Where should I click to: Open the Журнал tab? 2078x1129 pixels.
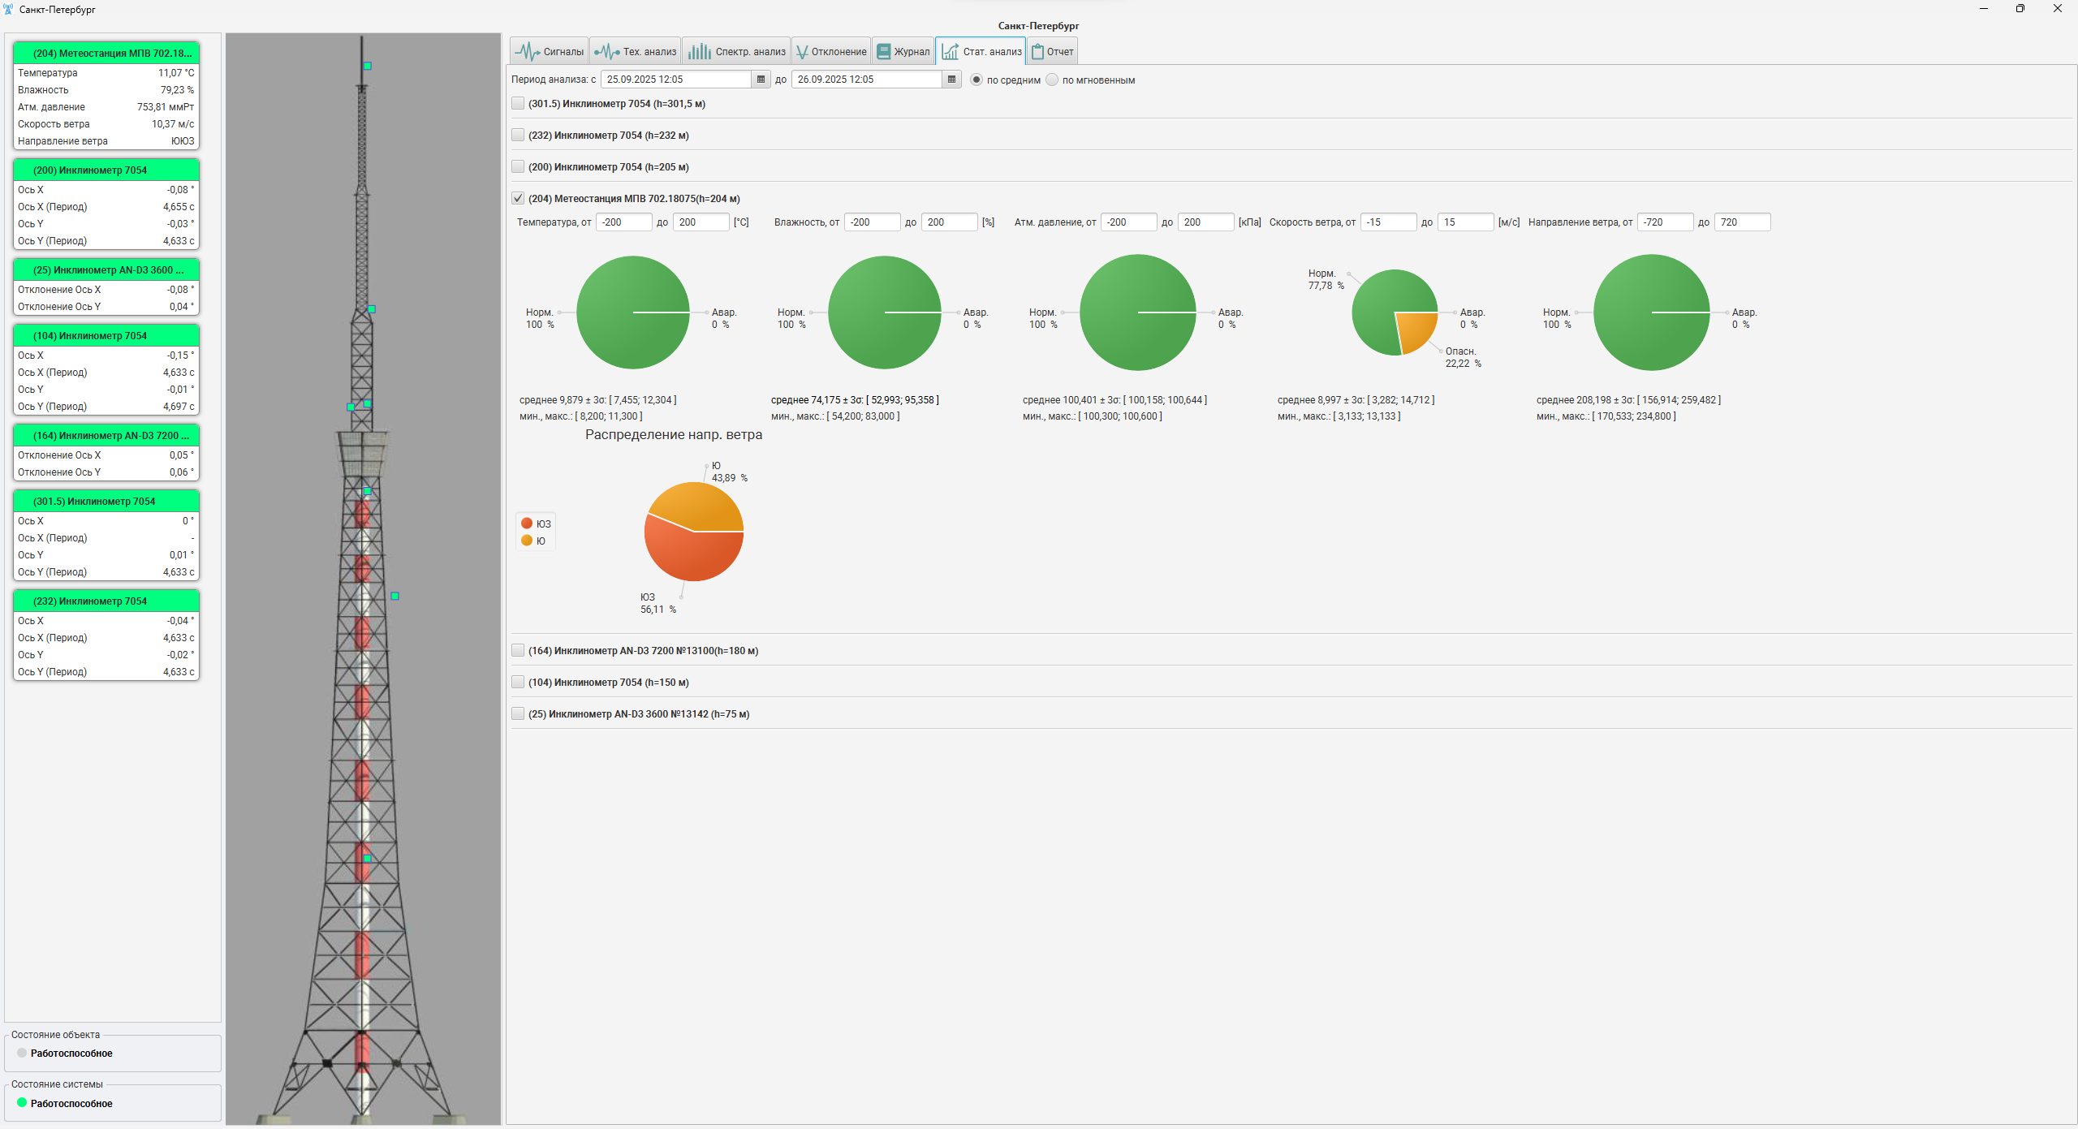pyautogui.click(x=903, y=52)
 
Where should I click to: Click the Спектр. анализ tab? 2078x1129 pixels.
pyautogui.click(x=737, y=52)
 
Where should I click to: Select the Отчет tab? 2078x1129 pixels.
pyautogui.click(x=1053, y=52)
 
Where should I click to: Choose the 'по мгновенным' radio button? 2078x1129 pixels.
pyautogui.click(x=1053, y=80)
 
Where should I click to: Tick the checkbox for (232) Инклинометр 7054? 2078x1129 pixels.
pyautogui.click(x=518, y=136)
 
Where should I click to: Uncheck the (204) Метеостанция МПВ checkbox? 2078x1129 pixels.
pyautogui.click(x=518, y=199)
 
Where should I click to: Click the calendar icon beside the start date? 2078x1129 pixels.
pyautogui.click(x=761, y=80)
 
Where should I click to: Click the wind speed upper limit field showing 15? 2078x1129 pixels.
pyautogui.click(x=1464, y=222)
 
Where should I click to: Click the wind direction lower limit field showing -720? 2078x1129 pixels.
pyautogui.click(x=1664, y=222)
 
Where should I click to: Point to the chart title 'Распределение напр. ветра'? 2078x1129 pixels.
pyautogui.click(x=674, y=435)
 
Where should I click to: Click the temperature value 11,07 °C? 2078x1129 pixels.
pyautogui.click(x=176, y=73)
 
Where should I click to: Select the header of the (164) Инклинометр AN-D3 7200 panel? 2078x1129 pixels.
pyautogui.click(x=106, y=436)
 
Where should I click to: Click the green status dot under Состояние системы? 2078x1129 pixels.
pyautogui.click(x=22, y=1103)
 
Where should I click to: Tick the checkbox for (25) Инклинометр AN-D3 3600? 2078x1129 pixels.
pyautogui.click(x=518, y=714)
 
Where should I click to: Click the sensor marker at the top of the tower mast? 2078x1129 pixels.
pyautogui.click(x=368, y=66)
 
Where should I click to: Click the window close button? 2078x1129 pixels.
pyautogui.click(x=2058, y=9)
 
